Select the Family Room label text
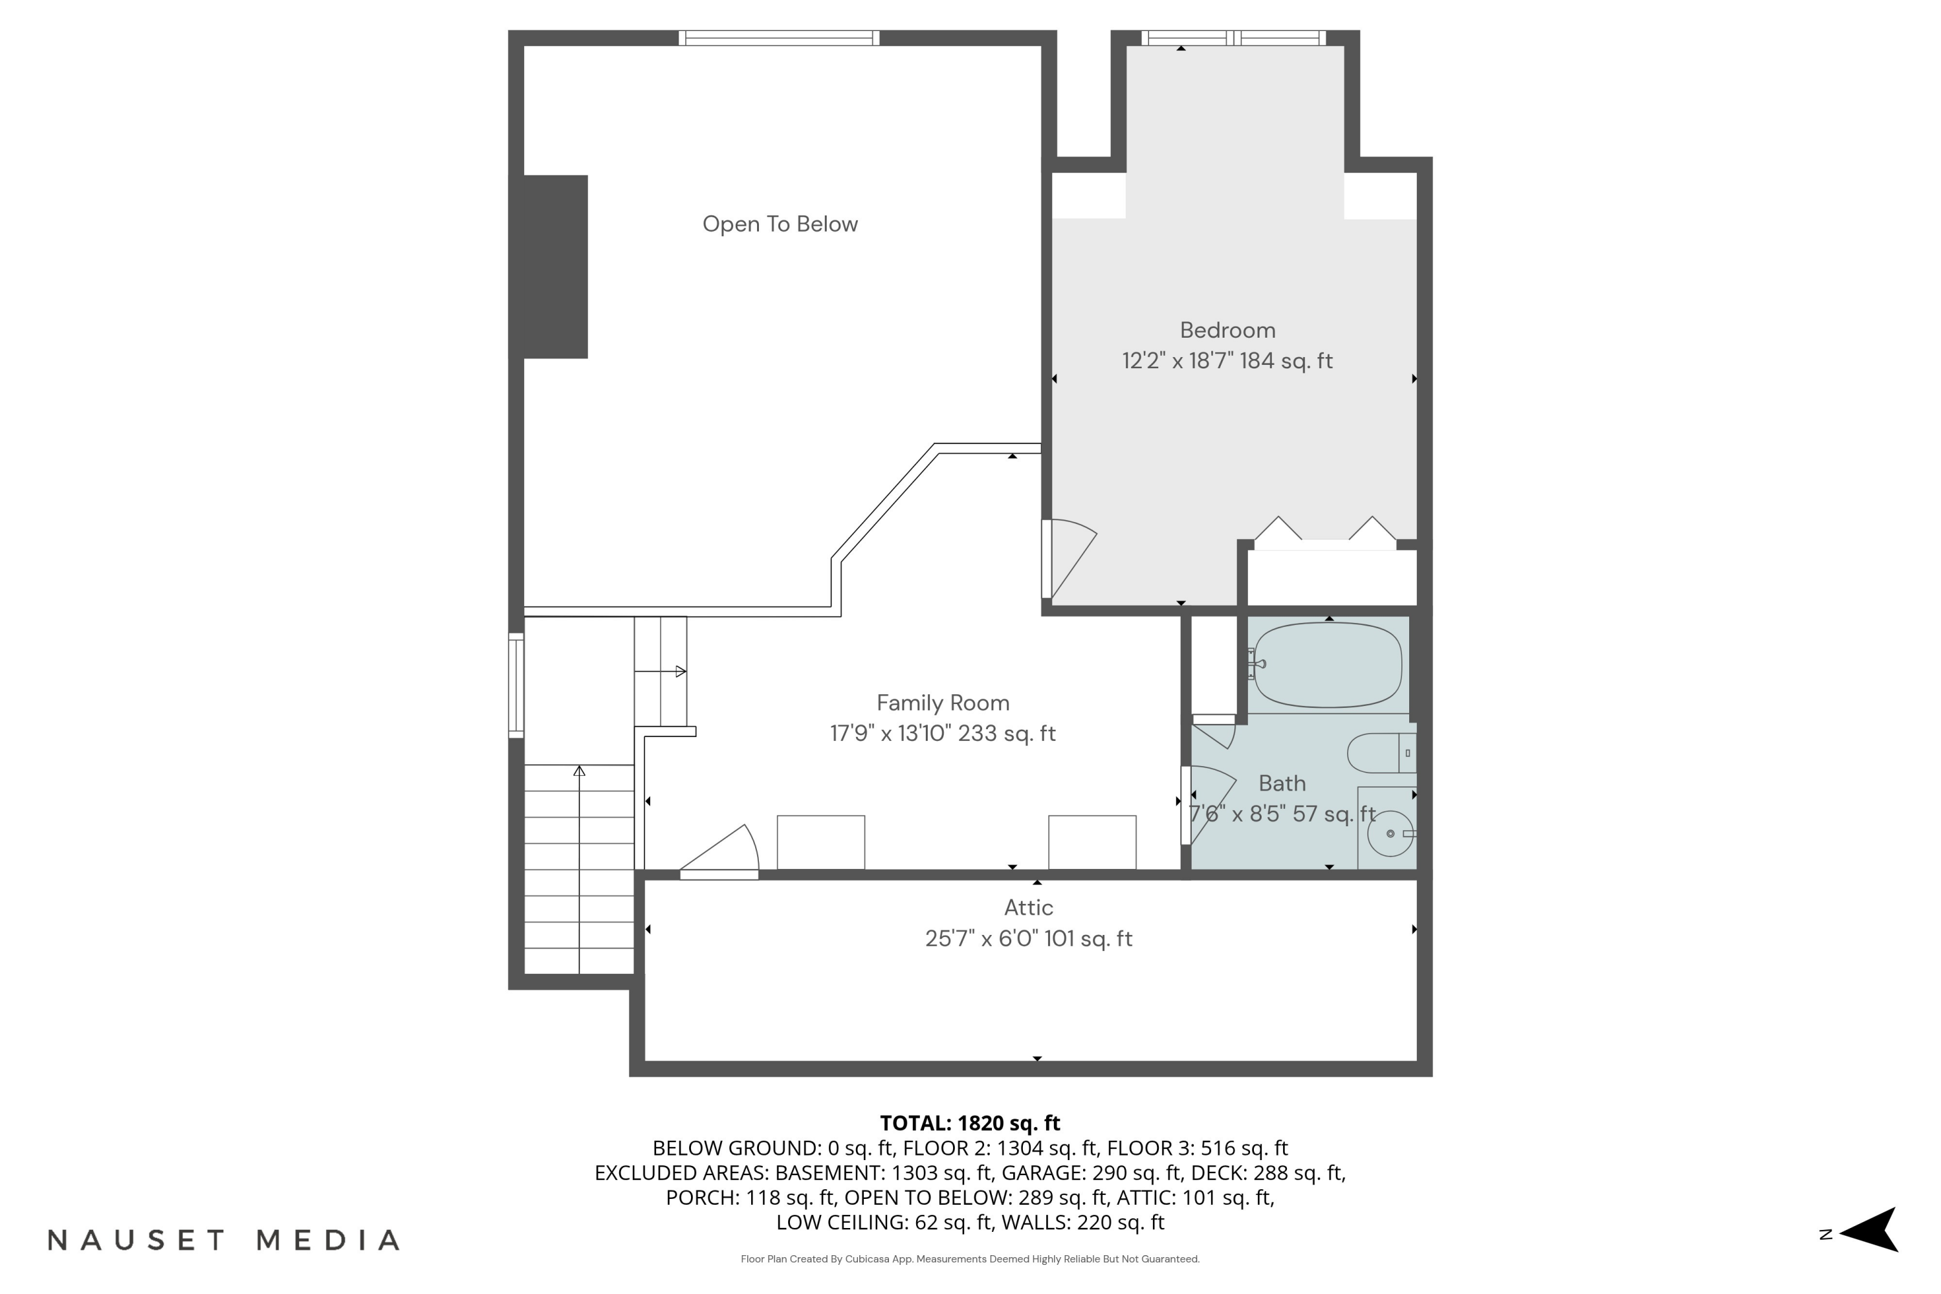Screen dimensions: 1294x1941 tap(943, 703)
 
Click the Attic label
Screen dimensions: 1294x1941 tap(1028, 908)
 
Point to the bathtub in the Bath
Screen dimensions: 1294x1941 tap(1327, 665)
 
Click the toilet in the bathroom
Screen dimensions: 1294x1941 tap(1380, 754)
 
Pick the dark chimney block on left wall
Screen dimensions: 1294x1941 tap(554, 267)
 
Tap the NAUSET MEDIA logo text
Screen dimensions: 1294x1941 tap(224, 1240)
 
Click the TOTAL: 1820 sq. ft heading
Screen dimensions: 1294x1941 tap(970, 1123)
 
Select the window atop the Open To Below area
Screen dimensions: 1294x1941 tap(779, 38)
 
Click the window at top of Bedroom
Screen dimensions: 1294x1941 tap(1234, 38)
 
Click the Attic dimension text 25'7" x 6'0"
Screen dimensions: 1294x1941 tap(1028, 939)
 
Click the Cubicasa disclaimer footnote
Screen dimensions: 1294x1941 tap(970, 1259)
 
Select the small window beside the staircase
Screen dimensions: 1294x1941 tap(516, 685)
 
